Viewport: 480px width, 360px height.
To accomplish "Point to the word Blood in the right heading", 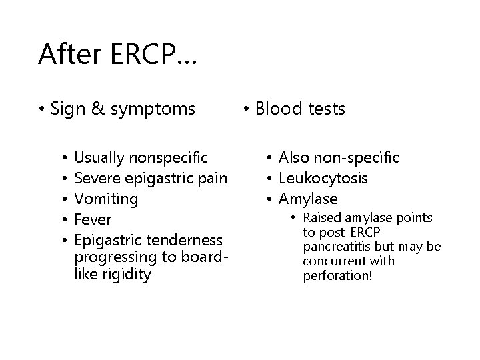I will (x=278, y=109).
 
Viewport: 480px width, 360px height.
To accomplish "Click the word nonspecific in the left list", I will (x=170, y=157).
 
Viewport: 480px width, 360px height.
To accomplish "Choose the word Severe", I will (x=97, y=178).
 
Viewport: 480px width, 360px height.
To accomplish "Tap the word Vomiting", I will (x=106, y=199).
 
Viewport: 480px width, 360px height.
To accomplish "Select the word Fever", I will (x=93, y=219).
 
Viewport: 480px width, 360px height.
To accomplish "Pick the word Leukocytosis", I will (x=323, y=178).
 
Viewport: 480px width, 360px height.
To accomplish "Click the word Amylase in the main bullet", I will (x=308, y=199).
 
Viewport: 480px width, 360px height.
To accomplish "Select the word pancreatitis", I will (x=337, y=247).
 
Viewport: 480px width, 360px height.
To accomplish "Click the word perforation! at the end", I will (x=337, y=275).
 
